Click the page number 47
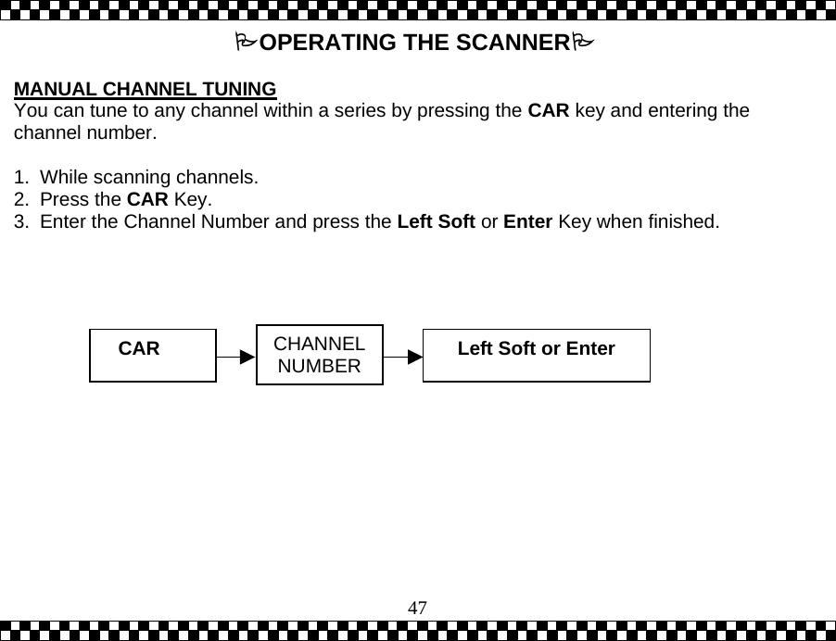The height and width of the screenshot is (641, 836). (x=418, y=608)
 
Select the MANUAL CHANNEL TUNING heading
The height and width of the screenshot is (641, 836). (x=146, y=90)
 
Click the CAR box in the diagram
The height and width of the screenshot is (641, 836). (x=152, y=355)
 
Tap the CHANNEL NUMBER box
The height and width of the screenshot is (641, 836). (x=319, y=355)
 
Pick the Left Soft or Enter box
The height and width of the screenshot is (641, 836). (x=536, y=355)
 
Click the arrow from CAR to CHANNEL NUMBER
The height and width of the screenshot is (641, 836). (x=235, y=356)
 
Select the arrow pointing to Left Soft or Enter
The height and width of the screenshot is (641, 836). (x=403, y=356)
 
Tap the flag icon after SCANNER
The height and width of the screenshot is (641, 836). (x=581, y=43)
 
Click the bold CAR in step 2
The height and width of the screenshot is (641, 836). (x=146, y=199)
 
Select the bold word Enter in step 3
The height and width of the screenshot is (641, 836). (x=527, y=222)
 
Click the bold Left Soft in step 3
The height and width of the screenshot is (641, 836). (x=436, y=222)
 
